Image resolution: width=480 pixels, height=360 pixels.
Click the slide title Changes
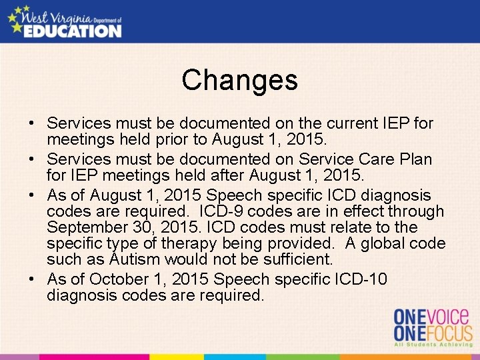point(239,81)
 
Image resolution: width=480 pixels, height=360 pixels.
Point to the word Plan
point(414,160)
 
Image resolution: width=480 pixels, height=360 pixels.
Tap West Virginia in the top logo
point(55,13)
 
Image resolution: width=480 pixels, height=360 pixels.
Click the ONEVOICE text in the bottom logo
point(431,316)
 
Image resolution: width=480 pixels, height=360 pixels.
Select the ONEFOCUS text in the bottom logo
point(432,333)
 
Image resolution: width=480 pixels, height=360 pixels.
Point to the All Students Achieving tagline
point(432,345)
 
